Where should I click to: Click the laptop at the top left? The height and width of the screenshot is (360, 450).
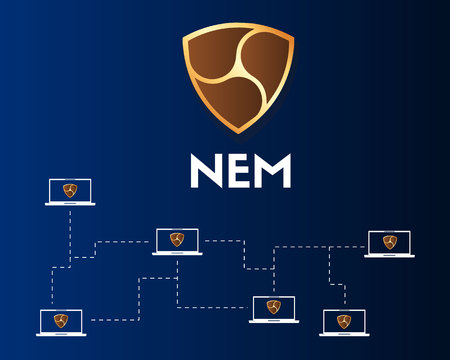69,191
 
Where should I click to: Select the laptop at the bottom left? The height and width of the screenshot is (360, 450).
60,322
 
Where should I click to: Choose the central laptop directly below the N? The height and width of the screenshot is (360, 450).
177,241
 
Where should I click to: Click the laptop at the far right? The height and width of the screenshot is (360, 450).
389,243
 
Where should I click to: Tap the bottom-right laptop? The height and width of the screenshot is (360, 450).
343,322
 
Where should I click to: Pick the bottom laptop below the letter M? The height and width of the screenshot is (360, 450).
273,309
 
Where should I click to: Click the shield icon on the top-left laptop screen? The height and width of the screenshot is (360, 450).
69,189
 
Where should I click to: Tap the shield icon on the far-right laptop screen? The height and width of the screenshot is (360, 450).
390,241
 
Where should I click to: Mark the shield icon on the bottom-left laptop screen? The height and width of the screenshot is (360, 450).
60,320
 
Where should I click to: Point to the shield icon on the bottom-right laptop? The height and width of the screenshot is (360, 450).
343,320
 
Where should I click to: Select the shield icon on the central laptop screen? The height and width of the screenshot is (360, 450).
177,239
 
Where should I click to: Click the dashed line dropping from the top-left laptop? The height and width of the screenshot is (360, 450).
70,230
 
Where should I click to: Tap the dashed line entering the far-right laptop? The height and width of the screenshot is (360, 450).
345,246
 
